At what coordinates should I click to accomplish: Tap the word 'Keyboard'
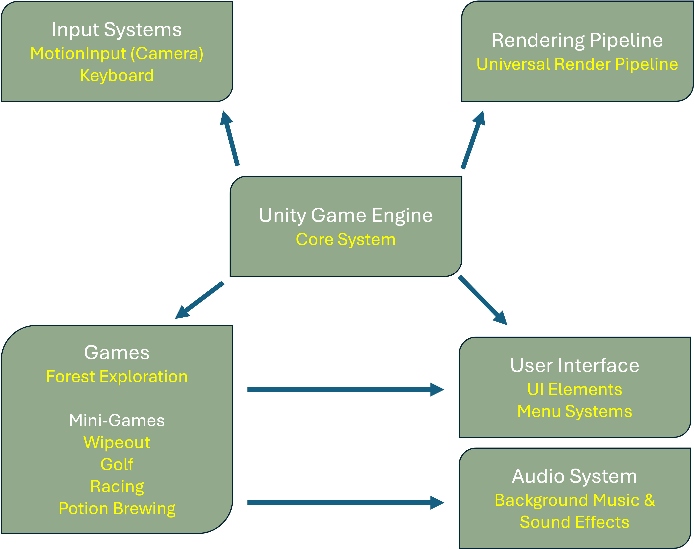click(117, 75)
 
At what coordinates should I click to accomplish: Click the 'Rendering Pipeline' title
click(577, 40)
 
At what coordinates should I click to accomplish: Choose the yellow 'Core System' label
click(346, 239)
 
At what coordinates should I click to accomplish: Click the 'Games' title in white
click(117, 353)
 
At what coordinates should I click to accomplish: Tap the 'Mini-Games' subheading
click(117, 420)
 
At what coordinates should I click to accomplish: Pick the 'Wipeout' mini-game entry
click(117, 443)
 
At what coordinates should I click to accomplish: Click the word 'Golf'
click(117, 465)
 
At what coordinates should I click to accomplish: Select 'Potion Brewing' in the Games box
click(117, 509)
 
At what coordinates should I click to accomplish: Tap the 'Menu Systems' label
click(575, 411)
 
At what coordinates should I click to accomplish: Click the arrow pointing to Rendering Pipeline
click(473, 140)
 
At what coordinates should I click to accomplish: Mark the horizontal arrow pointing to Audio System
click(345, 503)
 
